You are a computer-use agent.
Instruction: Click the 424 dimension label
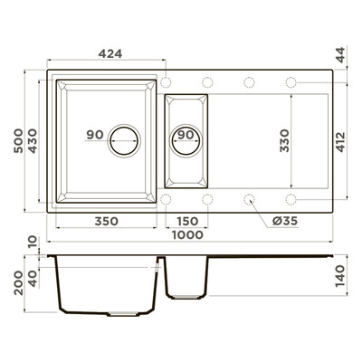(110, 53)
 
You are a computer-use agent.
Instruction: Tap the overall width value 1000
(187, 234)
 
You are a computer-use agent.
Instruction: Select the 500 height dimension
(18, 141)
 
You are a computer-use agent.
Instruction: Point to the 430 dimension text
(33, 141)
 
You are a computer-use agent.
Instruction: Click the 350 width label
(107, 221)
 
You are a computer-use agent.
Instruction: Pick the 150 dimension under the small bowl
(187, 221)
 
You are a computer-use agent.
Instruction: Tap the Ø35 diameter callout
(285, 221)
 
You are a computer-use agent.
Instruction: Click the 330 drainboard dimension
(284, 141)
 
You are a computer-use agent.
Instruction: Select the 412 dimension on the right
(340, 142)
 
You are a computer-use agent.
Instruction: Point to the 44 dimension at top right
(340, 55)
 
